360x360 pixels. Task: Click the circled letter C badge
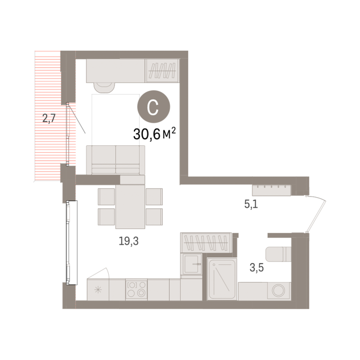click(154, 107)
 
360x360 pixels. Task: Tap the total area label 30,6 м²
click(154, 134)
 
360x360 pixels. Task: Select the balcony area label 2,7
click(49, 119)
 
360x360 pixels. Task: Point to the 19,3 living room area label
click(128, 241)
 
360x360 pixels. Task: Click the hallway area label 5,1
click(251, 204)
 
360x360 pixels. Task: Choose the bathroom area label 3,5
click(256, 268)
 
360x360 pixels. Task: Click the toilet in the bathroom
click(278, 254)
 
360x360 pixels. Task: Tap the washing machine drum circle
click(278, 291)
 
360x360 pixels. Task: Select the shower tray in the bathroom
click(222, 279)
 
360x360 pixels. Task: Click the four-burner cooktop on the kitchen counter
click(136, 289)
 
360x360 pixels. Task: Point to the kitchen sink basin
click(191, 264)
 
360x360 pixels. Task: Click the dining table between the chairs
click(130, 206)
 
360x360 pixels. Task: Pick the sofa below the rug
click(115, 160)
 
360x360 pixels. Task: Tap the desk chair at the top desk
click(104, 88)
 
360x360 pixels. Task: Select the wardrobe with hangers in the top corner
click(162, 71)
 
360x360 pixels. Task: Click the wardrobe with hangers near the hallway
click(206, 242)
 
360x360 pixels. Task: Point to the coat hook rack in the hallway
click(271, 190)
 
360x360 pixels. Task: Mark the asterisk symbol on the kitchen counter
click(98, 290)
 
